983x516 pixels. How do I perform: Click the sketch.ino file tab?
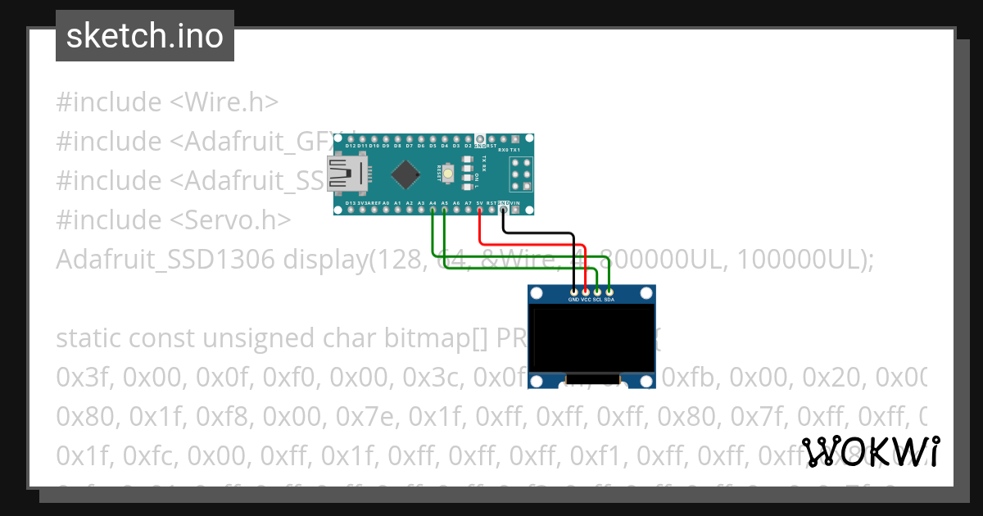coord(144,36)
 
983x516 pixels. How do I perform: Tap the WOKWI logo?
coord(870,451)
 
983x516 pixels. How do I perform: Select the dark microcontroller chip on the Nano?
coord(407,174)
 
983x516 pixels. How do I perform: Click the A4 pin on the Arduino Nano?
coord(433,209)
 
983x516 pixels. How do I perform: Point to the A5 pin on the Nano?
coord(444,209)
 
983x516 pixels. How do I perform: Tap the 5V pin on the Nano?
coord(479,209)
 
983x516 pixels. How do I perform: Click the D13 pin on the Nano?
coord(350,209)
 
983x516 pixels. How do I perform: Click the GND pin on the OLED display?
coord(573,292)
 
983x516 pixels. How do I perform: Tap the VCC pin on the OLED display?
coord(586,292)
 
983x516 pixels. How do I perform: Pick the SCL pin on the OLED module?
coord(597,292)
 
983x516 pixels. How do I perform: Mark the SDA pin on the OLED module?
coord(609,292)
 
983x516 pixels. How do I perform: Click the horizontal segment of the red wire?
coord(532,243)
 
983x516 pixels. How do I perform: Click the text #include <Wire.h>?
coord(167,102)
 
